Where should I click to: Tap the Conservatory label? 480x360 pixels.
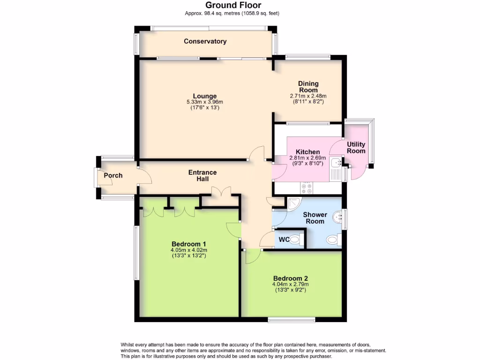click(x=205, y=41)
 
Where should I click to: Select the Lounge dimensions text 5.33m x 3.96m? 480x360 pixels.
click(x=204, y=102)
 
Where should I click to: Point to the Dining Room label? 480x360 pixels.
click(x=308, y=87)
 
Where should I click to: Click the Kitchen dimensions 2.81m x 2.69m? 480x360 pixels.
click(x=307, y=158)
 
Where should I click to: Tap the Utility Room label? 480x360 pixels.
click(x=356, y=148)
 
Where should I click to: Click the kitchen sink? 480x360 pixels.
click(x=336, y=164)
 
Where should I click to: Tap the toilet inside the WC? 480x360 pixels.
click(x=294, y=240)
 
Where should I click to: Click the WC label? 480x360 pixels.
click(x=284, y=240)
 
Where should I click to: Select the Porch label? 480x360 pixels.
click(x=113, y=175)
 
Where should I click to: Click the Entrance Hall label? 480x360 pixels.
click(x=202, y=175)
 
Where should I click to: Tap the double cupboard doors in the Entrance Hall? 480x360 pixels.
click(x=221, y=192)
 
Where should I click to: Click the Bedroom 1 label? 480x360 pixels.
click(x=188, y=244)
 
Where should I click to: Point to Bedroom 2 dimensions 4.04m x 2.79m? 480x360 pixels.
click(x=291, y=284)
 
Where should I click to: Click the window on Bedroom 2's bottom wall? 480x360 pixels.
click(x=291, y=320)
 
